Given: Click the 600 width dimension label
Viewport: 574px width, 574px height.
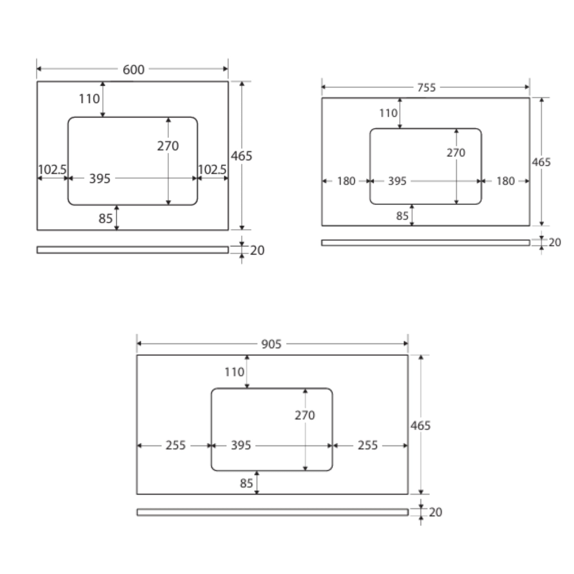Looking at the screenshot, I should pyautogui.click(x=133, y=70).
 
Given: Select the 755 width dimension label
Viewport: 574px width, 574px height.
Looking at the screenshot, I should pyautogui.click(x=426, y=88).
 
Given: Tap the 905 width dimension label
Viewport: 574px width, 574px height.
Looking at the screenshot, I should pyautogui.click(x=271, y=344).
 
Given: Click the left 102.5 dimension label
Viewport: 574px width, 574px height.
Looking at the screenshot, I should pyautogui.click(x=52, y=170).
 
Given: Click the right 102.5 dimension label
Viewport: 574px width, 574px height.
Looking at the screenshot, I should pyautogui.click(x=212, y=170).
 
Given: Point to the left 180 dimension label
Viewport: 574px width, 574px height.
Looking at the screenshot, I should pyautogui.click(x=346, y=181).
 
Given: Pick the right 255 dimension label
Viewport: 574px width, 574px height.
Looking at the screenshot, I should pyautogui.click(x=367, y=445).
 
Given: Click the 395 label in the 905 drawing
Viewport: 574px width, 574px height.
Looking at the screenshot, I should pyautogui.click(x=241, y=445).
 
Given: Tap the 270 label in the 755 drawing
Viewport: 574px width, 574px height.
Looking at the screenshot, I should pyautogui.click(x=456, y=153).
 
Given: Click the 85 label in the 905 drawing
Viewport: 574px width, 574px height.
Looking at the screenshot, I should pyautogui.click(x=246, y=483).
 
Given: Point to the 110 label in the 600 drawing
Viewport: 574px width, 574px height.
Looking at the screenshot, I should pyautogui.click(x=89, y=99).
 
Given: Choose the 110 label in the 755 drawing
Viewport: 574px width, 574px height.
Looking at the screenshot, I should pyautogui.click(x=388, y=113).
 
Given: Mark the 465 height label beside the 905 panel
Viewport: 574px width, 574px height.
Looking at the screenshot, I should pyautogui.click(x=420, y=426).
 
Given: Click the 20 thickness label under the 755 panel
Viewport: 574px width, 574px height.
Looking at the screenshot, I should pyautogui.click(x=555, y=243).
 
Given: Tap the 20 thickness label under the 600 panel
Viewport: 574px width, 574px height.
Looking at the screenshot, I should pyautogui.click(x=257, y=251).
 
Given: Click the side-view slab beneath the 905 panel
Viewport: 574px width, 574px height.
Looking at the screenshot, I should pyautogui.click(x=272, y=512).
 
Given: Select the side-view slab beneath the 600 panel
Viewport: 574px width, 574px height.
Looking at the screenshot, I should pyautogui.click(x=133, y=250).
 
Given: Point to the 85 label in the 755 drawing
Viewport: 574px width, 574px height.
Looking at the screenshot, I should pyautogui.click(x=402, y=216).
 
